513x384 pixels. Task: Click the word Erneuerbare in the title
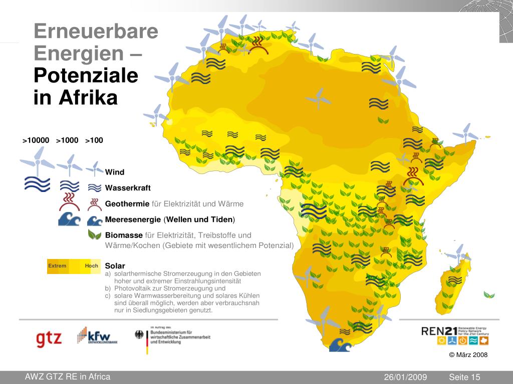point(96,32)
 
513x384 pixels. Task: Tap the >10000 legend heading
point(36,140)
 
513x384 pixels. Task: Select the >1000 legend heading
point(67,140)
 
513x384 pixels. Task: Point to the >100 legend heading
point(94,140)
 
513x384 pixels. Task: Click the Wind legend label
point(114,172)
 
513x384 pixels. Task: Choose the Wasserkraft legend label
point(128,188)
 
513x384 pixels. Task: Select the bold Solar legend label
point(115,265)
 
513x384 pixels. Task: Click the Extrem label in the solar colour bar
point(57,265)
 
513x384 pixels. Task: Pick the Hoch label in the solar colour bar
point(91,265)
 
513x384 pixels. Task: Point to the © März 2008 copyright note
point(468,354)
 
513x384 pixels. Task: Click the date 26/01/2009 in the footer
point(405,377)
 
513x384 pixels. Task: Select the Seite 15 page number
point(464,377)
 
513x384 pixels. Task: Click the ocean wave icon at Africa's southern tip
point(340,344)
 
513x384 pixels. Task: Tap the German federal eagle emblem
point(139,334)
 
